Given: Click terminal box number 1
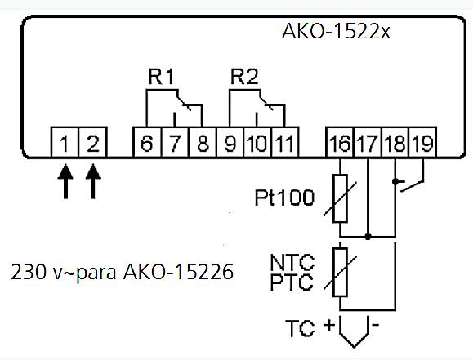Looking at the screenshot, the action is [65, 142].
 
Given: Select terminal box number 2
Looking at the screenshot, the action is [93, 142].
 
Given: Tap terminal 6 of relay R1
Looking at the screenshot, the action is [147, 142].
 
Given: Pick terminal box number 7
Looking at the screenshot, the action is [176, 142].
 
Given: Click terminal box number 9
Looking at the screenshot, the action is [230, 142].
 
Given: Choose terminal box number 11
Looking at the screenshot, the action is [285, 142].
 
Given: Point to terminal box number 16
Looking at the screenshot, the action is [340, 142].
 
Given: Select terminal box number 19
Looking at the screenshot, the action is [422, 142].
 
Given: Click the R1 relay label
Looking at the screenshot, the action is [162, 77].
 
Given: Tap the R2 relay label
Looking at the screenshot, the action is [244, 77].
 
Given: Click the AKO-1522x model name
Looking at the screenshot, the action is [336, 31].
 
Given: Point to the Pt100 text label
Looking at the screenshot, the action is [284, 198].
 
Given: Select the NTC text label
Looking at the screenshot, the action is [292, 262].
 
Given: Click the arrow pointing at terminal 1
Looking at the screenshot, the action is [65, 181].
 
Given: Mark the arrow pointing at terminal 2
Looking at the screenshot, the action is [93, 181].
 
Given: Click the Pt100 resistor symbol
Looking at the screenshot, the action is [340, 198].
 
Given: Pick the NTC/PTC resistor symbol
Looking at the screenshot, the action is [340, 273].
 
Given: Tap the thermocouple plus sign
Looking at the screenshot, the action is [329, 325].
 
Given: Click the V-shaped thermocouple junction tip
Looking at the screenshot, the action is [355, 347].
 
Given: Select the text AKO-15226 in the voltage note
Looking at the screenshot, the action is [178, 272].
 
